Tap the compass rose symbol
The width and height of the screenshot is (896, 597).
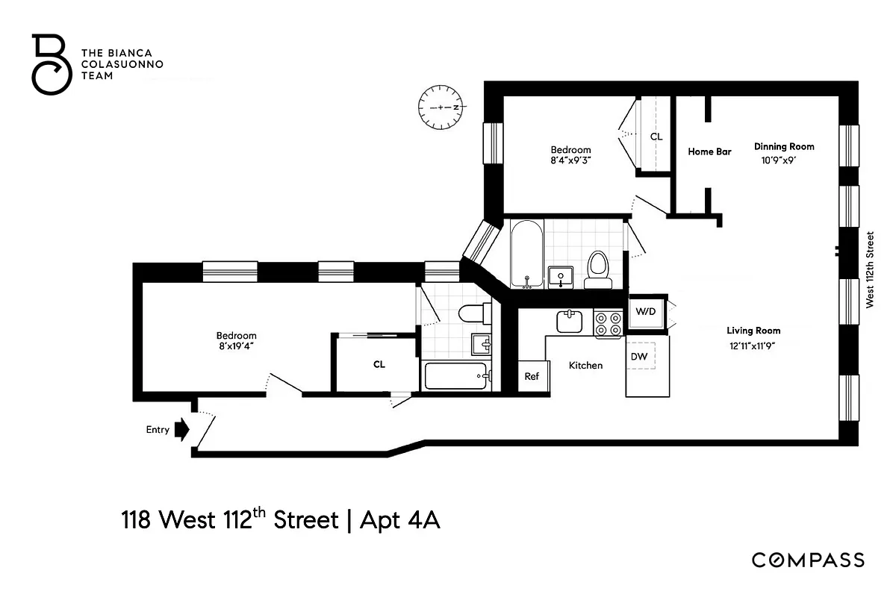441,107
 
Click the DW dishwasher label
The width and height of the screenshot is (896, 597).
639,357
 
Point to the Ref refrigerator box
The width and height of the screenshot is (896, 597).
532,376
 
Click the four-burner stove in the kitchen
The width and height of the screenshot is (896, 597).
608,323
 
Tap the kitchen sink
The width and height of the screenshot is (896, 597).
569,322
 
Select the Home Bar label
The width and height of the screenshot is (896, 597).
709,151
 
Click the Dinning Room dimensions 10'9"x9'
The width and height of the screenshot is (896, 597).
783,160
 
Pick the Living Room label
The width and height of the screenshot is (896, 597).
753,331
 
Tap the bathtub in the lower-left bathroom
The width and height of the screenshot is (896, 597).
457,376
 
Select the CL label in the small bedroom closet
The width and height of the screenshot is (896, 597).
656,137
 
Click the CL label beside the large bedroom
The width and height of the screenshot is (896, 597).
379,365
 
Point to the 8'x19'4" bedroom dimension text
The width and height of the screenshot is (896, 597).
236,347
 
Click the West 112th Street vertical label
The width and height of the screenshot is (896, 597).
869,269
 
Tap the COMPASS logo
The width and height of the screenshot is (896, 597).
808,560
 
